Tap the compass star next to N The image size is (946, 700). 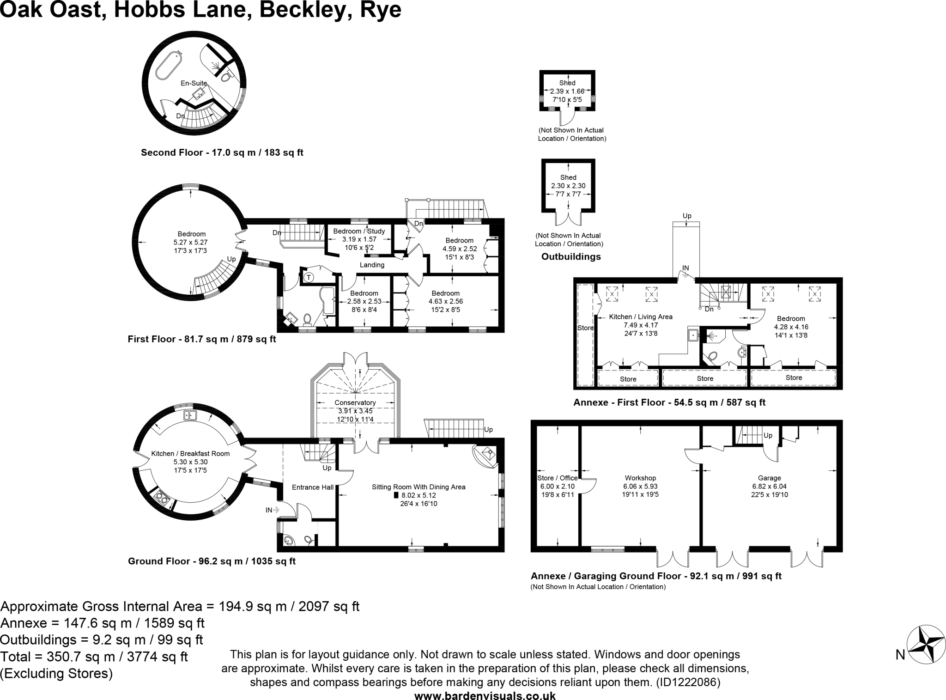point(926,645)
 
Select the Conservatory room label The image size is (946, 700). point(355,402)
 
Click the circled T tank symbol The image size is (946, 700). point(309,277)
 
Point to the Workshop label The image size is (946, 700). point(640,478)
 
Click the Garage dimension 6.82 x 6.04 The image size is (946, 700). point(769,486)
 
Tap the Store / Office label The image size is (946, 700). point(558,478)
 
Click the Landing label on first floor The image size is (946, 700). point(372,265)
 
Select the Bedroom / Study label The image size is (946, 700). point(359,231)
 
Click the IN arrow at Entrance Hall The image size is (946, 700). point(272,510)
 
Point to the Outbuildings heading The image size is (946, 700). point(571,256)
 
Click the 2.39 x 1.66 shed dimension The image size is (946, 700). point(567,91)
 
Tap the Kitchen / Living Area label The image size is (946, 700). point(641,317)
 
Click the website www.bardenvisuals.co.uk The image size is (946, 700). point(485,695)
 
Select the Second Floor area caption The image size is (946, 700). point(222,152)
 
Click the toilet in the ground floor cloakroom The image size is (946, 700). point(309,539)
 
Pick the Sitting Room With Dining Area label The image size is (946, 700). point(418,487)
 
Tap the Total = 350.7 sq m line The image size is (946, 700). point(94,657)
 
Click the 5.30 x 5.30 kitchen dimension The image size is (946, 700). point(190,462)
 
